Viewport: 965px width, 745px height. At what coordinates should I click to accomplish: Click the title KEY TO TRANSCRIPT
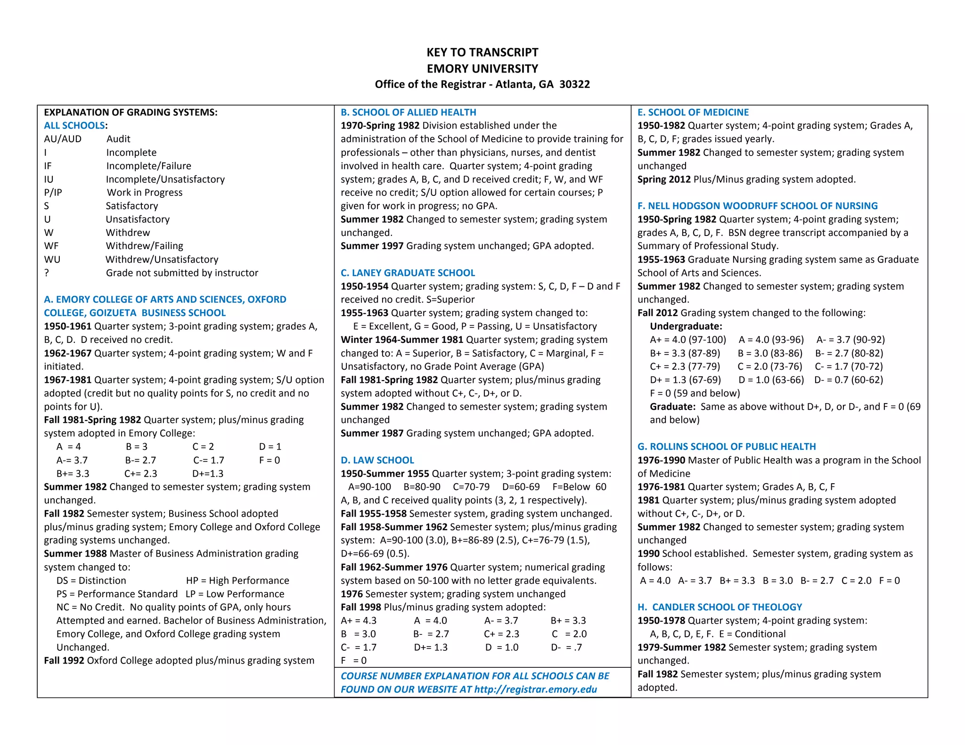point(482,52)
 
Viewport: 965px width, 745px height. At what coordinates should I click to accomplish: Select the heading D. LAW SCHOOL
point(377,460)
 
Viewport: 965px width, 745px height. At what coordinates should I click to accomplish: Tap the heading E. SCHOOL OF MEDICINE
point(693,112)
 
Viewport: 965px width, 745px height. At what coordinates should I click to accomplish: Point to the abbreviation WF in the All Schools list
point(51,246)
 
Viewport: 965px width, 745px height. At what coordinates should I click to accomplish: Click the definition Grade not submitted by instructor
point(182,273)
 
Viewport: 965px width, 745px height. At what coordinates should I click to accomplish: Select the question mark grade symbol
point(46,273)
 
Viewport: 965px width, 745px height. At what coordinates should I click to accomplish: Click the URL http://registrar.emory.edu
point(535,689)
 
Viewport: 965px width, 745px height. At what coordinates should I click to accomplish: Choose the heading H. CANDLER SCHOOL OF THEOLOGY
point(720,607)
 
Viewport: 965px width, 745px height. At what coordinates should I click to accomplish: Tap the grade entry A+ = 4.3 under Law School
point(359,621)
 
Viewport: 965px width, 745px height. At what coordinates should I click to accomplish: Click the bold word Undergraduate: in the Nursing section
point(686,326)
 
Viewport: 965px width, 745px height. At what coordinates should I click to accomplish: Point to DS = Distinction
point(91,581)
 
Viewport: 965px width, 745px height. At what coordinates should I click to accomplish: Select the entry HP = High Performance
point(237,581)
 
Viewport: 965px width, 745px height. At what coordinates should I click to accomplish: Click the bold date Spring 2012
point(664,179)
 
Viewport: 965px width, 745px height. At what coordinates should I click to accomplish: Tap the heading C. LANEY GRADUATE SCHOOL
point(408,273)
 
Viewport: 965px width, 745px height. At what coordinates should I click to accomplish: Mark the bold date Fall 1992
point(64,661)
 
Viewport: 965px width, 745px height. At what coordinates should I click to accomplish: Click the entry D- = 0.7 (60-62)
point(848,380)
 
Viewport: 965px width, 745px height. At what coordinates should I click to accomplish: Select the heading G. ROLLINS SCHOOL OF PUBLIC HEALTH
point(727,446)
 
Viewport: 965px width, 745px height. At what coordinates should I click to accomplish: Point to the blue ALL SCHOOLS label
point(74,126)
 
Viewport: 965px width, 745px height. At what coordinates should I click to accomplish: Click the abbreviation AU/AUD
point(63,139)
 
